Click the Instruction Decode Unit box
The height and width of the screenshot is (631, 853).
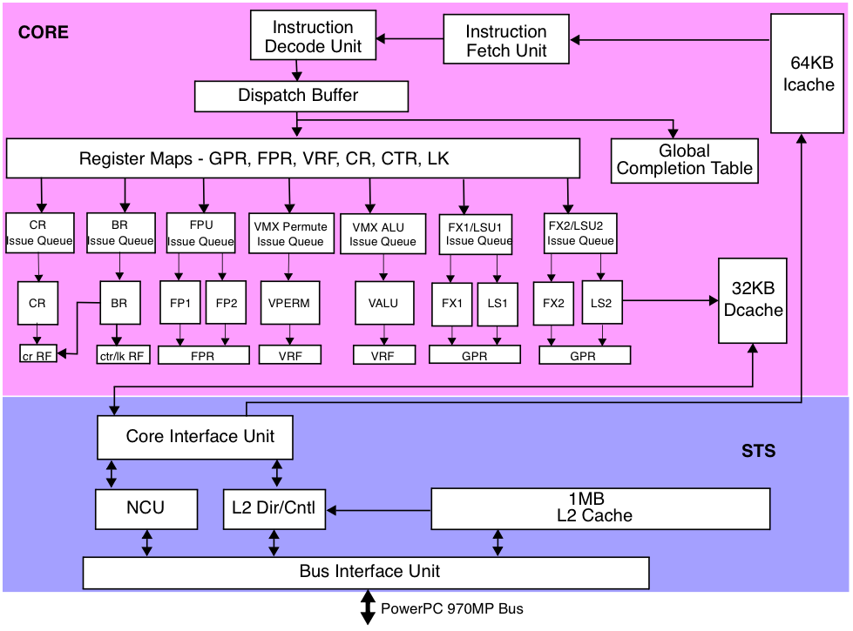(x=313, y=37)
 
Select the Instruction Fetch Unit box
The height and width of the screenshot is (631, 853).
(x=506, y=41)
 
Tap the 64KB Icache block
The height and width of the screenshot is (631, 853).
(x=808, y=74)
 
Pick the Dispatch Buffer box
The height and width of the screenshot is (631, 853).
(x=301, y=96)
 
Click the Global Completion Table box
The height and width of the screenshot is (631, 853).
(x=684, y=161)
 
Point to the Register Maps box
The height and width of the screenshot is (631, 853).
(x=293, y=158)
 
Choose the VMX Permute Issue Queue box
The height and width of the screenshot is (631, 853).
(x=290, y=233)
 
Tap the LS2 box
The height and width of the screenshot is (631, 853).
(x=602, y=303)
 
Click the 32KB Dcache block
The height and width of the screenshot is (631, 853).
(x=752, y=299)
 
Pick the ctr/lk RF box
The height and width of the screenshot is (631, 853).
(x=120, y=354)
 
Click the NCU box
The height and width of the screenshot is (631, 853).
(x=146, y=507)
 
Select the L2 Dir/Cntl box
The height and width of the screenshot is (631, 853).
(x=274, y=507)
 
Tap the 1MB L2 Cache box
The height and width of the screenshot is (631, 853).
(x=600, y=507)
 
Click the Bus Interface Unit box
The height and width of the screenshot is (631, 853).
(x=366, y=572)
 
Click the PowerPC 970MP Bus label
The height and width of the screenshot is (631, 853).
(x=451, y=608)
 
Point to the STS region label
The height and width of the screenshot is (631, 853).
(x=759, y=451)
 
